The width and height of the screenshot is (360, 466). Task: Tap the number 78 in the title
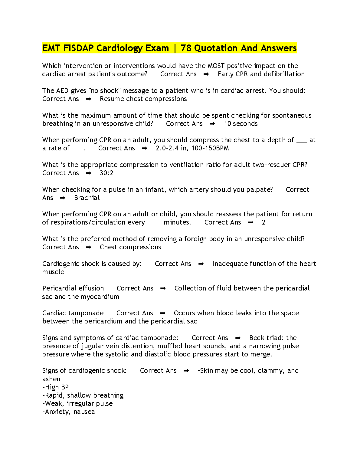(186, 48)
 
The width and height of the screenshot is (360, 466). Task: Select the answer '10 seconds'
(241, 124)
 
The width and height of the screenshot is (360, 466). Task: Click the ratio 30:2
(106, 173)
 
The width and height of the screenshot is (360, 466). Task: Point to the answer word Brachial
(87, 198)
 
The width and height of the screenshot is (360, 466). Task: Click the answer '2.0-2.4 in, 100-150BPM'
(192, 148)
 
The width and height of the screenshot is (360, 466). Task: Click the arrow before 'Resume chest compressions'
(89, 99)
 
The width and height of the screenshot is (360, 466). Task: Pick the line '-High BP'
(56, 387)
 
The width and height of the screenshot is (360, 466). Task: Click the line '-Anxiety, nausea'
(69, 412)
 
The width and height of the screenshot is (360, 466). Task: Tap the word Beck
(257, 338)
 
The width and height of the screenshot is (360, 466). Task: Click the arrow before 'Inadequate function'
(201, 264)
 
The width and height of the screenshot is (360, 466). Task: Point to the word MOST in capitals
(216, 66)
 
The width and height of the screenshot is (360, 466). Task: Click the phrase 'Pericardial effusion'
(73, 288)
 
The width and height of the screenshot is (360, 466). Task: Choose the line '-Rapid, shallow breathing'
(83, 395)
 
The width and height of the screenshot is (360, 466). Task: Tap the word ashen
(51, 379)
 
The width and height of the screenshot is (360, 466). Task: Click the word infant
(155, 190)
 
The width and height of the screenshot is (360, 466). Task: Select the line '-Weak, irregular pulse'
(77, 404)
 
